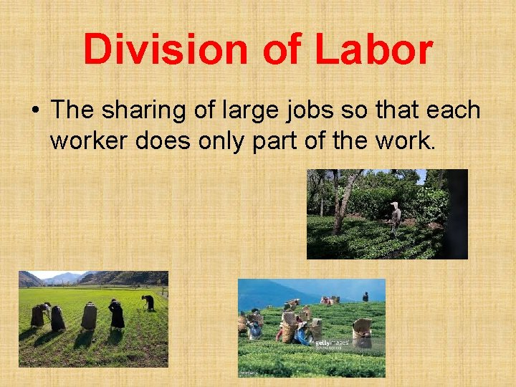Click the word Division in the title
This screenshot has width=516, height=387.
coord(166,50)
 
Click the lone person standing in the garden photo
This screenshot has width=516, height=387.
coord(395,218)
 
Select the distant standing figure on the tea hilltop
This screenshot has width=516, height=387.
coord(365,296)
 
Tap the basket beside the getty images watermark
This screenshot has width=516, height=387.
coord(362,333)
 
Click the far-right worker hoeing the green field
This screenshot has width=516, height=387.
coord(148,302)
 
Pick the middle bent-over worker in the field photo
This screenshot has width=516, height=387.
coord(90,316)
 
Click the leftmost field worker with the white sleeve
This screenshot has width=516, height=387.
coord(39,314)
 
